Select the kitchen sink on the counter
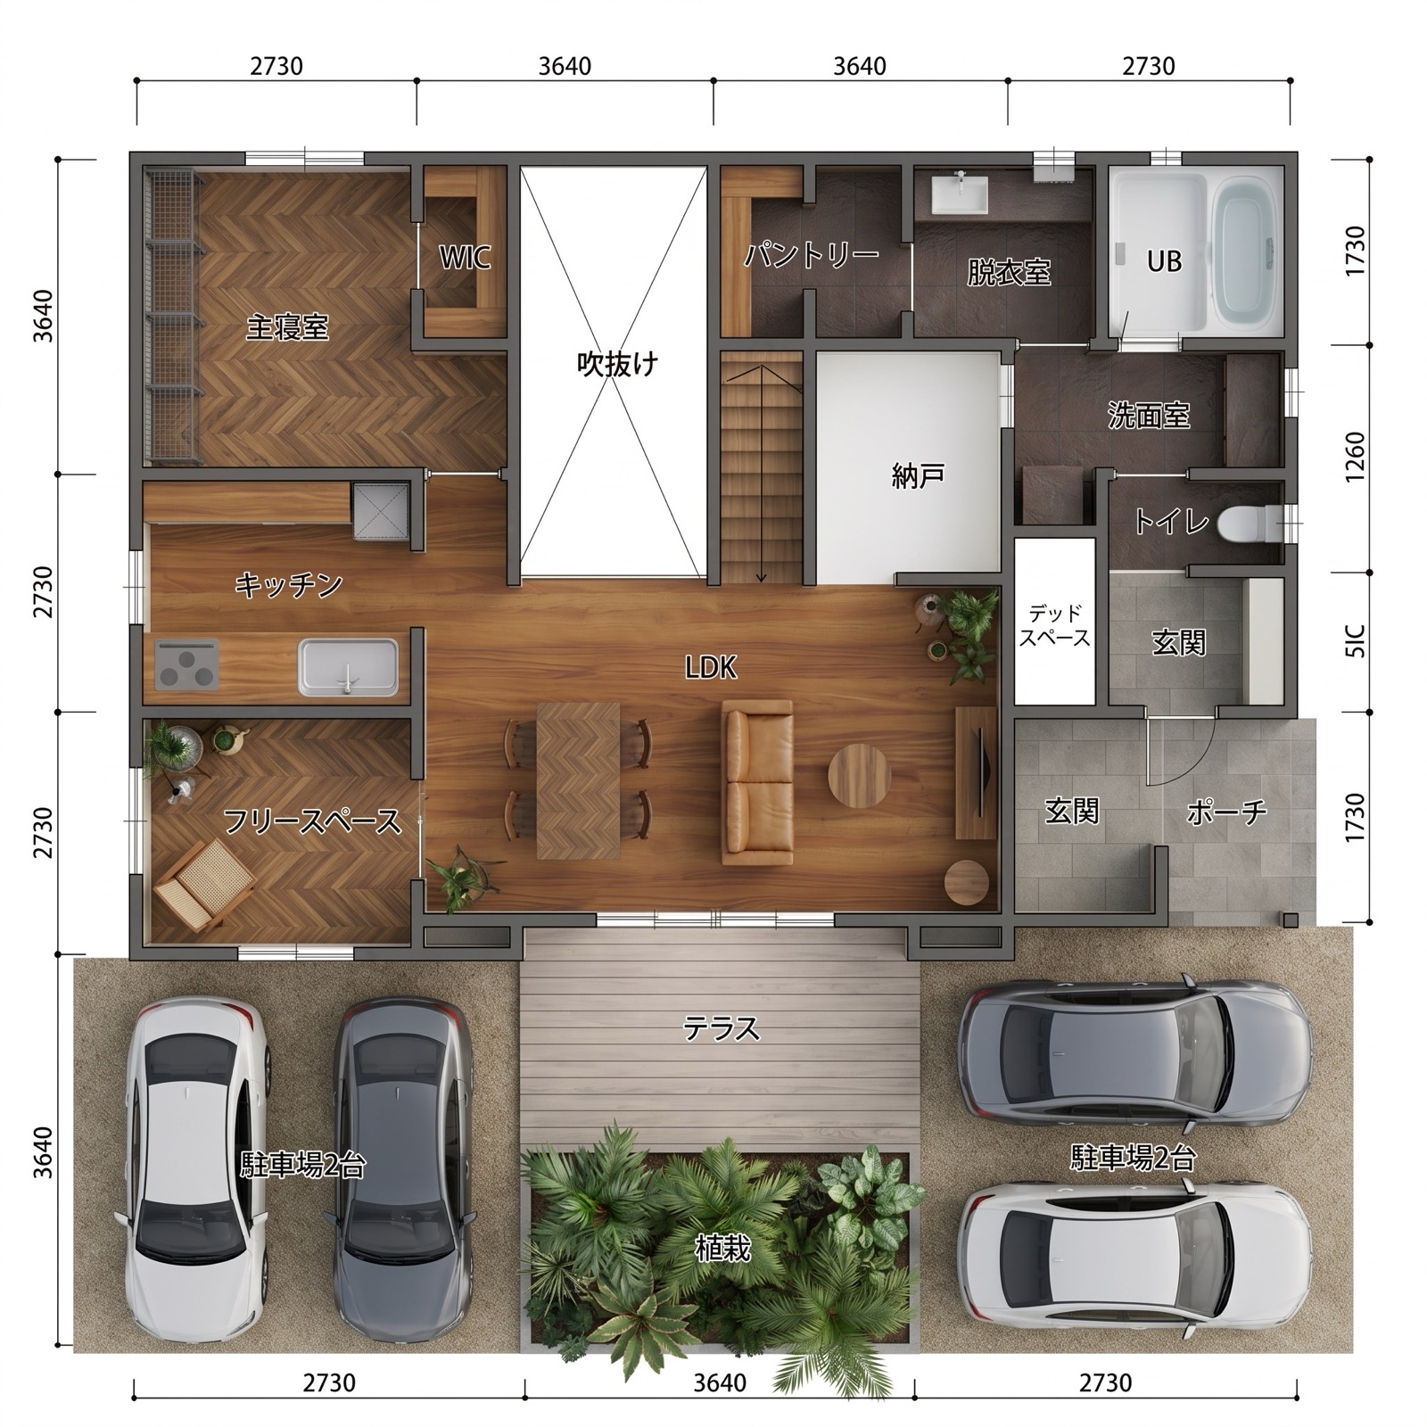coord(348,667)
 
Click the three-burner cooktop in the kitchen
coord(187,664)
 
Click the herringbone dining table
coord(578,780)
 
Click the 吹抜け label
coord(617,364)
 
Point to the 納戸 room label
coord(918,476)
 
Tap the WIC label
coord(465,258)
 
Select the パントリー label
coord(812,256)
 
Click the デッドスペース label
coord(1055,625)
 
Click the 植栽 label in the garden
coord(722,1249)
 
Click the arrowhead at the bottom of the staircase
coord(762,577)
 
